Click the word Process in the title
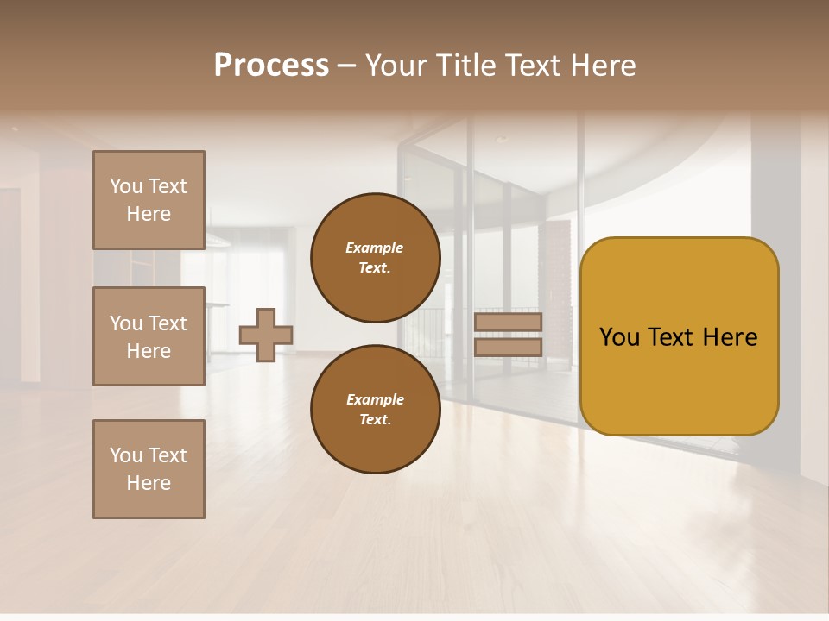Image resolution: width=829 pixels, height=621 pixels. pos(271,65)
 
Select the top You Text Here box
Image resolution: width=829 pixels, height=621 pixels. pos(149,200)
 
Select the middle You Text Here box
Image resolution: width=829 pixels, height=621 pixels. pos(149,336)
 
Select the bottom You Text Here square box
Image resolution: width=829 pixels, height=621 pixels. pos(149,469)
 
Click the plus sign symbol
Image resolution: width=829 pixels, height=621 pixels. pos(266,335)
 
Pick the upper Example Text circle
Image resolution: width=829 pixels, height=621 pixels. pos(375,258)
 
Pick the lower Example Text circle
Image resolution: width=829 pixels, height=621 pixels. pos(375,409)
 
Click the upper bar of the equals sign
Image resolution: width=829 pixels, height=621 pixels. pos(508,322)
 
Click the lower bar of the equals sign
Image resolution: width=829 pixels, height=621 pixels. pos(508,348)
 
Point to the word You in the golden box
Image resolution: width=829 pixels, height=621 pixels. pos(620,337)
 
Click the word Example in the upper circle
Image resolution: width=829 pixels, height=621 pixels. pos(375,248)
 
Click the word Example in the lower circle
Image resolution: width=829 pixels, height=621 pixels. pos(375,399)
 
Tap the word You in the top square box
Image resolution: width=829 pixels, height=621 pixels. pos(126,186)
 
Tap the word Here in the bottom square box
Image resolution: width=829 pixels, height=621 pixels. pos(149,483)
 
